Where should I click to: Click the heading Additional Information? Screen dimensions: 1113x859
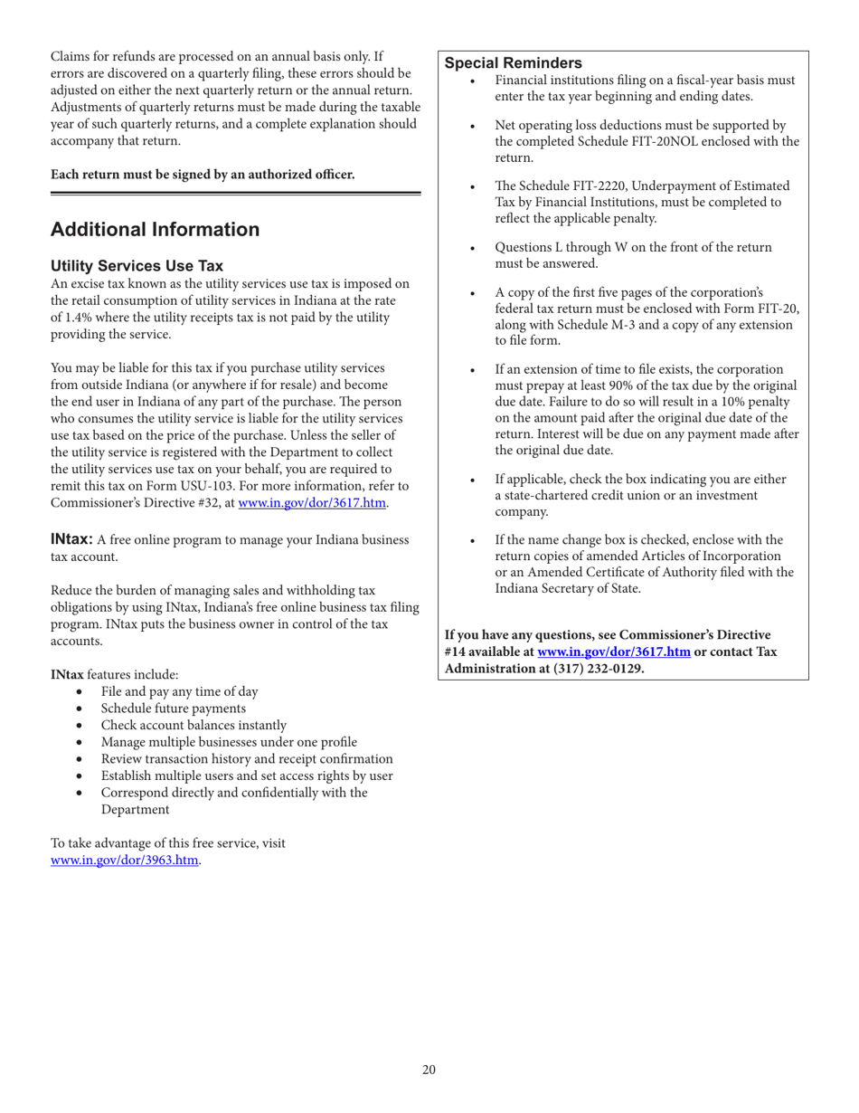pos(155,230)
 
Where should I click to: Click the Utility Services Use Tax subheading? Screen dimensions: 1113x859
pos(137,266)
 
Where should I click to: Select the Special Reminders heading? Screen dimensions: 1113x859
pos(513,62)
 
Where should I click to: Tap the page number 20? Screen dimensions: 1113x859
pos(429,1070)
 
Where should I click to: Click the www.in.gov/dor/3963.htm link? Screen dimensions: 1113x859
pos(125,860)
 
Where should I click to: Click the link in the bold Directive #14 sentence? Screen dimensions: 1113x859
pos(614,652)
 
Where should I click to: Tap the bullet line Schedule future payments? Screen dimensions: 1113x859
pos(173,709)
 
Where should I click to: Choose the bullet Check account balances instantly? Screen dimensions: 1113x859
pos(194,726)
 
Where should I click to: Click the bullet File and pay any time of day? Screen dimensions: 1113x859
pos(179,692)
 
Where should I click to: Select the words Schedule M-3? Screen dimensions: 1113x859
pos(590,325)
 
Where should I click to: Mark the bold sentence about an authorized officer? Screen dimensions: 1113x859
pos(203,173)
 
